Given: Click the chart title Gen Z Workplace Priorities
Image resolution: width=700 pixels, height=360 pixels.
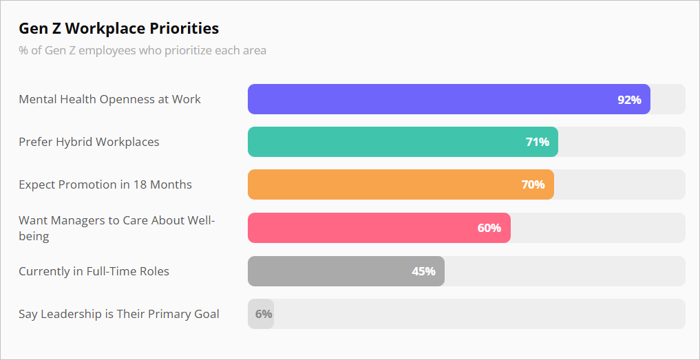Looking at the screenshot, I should (x=118, y=28).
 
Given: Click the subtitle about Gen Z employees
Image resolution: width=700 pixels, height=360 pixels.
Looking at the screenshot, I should (x=142, y=50).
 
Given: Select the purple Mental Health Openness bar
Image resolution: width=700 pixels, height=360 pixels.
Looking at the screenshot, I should (x=427, y=99).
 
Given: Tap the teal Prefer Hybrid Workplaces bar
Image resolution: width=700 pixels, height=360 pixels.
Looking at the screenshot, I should (x=385, y=142).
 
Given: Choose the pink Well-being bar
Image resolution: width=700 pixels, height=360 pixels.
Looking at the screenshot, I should (x=358, y=228).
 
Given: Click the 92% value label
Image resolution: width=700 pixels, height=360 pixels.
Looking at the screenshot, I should (x=629, y=99).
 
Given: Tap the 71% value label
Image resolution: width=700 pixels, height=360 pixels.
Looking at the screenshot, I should (x=537, y=142).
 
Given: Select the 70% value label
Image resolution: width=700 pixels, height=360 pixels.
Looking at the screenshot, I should (x=533, y=184).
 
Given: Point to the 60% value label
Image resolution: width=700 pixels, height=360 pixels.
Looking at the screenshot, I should (x=489, y=228).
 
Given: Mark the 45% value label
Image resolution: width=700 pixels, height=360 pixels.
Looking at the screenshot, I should (x=423, y=271).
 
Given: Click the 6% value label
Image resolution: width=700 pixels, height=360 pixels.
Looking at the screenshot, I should (x=264, y=314).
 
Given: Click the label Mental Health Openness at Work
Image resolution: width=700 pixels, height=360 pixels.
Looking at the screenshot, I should (x=109, y=99).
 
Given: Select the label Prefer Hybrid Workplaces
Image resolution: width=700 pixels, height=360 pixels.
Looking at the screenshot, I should (x=89, y=142).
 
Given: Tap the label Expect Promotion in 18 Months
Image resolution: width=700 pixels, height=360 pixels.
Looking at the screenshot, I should (x=105, y=184).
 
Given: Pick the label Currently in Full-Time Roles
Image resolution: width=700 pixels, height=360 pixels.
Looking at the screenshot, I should (x=94, y=271).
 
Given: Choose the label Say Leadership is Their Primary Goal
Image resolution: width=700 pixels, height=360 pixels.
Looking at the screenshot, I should (x=119, y=314).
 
